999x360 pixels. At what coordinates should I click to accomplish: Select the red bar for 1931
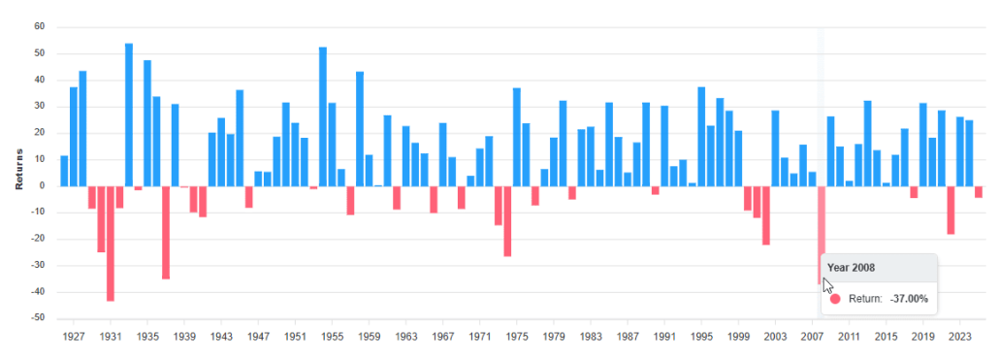click(111, 243)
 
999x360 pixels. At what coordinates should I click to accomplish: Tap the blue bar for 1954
click(323, 116)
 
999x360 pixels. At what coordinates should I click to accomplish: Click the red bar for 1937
click(166, 232)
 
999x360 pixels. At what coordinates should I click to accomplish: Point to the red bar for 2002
click(766, 214)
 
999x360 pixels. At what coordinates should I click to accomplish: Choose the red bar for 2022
click(951, 210)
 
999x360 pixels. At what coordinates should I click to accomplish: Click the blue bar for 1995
click(701, 136)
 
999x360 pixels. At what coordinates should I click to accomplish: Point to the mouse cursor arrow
click(827, 285)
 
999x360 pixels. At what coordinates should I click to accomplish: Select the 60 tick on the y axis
click(40, 27)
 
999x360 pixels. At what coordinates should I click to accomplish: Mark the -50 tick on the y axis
click(38, 318)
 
